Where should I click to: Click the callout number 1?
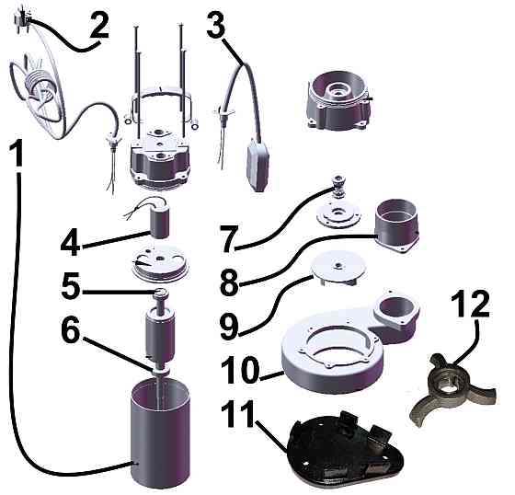pyautogui.click(x=17, y=153)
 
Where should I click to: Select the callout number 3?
pyautogui.click(x=216, y=23)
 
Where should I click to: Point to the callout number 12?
pyautogui.click(x=470, y=305)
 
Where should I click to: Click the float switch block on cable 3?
pyautogui.click(x=258, y=166)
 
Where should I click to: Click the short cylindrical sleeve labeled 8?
pyautogui.click(x=396, y=225)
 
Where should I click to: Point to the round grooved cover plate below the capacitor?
pyautogui.click(x=160, y=264)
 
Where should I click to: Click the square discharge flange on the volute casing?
pyautogui.click(x=396, y=309)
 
